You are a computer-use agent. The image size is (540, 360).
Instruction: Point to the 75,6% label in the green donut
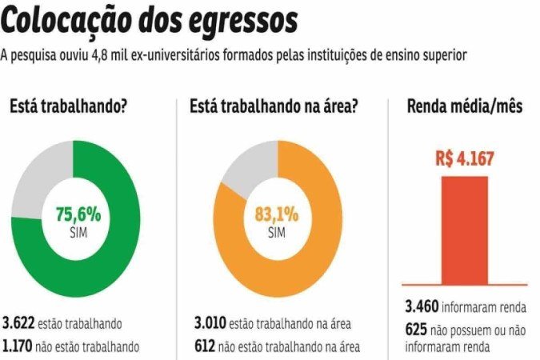tap(78, 214)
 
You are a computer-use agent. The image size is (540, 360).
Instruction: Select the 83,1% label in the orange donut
tap(277, 214)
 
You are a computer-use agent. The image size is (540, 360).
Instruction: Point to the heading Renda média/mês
tap(465, 106)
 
